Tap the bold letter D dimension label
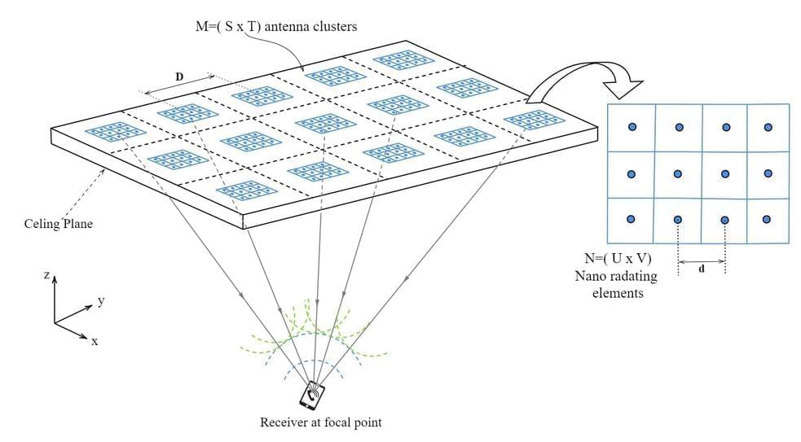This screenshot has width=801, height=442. coord(179,76)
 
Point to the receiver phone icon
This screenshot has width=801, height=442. coord(311,396)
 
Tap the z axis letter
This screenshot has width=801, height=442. coord(48,277)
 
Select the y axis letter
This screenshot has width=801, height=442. coord(101,301)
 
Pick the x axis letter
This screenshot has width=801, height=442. coord(95,340)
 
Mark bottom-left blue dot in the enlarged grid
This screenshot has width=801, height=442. coord(631,219)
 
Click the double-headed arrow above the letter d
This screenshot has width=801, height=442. coord(702,262)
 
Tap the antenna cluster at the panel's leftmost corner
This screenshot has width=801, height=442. coord(109,131)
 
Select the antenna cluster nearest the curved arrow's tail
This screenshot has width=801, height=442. coord(525,121)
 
